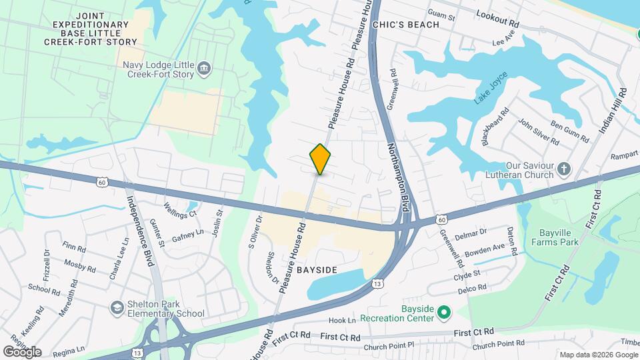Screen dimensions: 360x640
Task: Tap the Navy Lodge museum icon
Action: click(x=204, y=67)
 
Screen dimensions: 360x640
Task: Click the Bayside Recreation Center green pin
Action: click(x=445, y=312)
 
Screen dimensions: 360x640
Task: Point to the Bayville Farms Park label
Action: click(x=560, y=238)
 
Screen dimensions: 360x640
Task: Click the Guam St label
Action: click(x=441, y=16)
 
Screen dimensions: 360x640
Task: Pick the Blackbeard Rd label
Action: click(x=494, y=125)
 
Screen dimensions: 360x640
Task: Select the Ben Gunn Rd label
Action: click(x=569, y=131)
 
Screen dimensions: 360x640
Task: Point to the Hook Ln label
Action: click(x=342, y=321)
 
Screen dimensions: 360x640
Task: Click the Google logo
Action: click(x=22, y=351)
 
